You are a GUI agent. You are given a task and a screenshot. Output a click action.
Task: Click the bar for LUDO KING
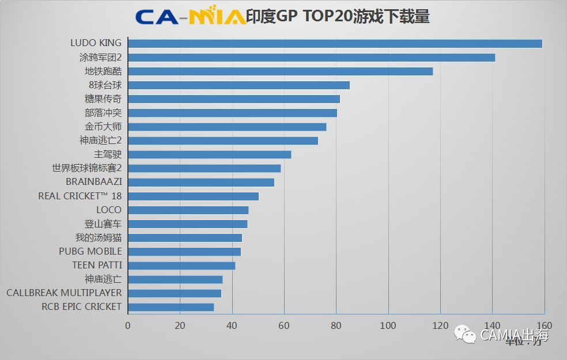tap(335, 44)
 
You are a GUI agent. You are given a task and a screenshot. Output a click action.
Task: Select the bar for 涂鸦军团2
tap(311, 58)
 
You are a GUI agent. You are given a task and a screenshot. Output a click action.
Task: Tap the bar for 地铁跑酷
tap(280, 71)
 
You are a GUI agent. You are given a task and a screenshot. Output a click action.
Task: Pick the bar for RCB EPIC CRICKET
tap(171, 307)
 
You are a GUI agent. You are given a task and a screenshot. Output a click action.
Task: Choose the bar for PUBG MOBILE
tap(184, 252)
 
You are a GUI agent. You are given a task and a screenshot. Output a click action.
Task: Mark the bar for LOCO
tap(188, 210)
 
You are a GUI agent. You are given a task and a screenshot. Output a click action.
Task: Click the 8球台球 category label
tap(105, 85)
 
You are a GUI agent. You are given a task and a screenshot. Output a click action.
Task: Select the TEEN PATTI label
tap(97, 266)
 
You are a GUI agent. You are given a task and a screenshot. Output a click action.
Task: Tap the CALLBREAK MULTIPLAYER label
tap(64, 293)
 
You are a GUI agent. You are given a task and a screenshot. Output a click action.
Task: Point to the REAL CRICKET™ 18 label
tap(80, 196)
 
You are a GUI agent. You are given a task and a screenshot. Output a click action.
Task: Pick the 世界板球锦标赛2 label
tap(86, 168)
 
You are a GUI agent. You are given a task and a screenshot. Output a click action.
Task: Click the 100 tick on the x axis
tap(388, 325)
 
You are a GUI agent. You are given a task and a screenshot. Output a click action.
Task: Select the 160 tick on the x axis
tap(544, 325)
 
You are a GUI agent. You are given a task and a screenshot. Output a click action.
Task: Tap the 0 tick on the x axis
tap(128, 325)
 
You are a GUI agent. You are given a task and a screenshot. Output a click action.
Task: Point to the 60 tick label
tap(284, 325)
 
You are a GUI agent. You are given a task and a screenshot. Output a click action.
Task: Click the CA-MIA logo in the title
tap(190, 17)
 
